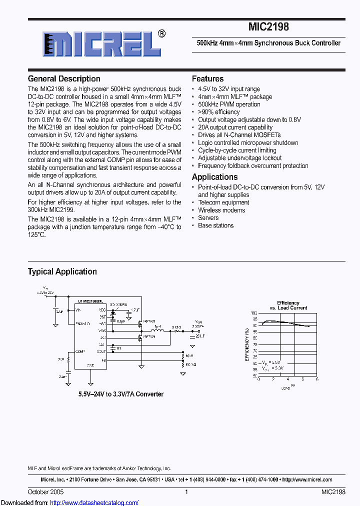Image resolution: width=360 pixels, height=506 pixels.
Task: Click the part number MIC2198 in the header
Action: click(x=268, y=27)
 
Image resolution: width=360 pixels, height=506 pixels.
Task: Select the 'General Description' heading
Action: click(x=64, y=78)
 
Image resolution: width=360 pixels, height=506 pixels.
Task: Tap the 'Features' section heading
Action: click(x=207, y=78)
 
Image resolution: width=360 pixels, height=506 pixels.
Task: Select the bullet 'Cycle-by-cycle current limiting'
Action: click(x=237, y=150)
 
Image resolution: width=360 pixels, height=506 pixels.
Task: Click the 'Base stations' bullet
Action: click(x=215, y=225)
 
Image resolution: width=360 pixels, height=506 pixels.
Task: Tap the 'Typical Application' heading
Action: click(x=62, y=271)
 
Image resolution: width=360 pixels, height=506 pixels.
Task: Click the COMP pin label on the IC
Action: click(x=80, y=351)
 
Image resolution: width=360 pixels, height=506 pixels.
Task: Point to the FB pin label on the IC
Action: click(x=103, y=359)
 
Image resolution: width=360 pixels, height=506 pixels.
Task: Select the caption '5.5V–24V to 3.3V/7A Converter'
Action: click(x=120, y=394)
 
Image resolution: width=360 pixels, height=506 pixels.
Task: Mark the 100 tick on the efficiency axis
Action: click(x=254, y=312)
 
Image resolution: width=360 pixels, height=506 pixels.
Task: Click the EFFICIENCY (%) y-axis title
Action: click(x=247, y=344)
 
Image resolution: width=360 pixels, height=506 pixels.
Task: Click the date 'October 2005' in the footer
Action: click(x=45, y=492)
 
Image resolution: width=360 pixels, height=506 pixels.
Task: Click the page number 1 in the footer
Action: click(x=186, y=492)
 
